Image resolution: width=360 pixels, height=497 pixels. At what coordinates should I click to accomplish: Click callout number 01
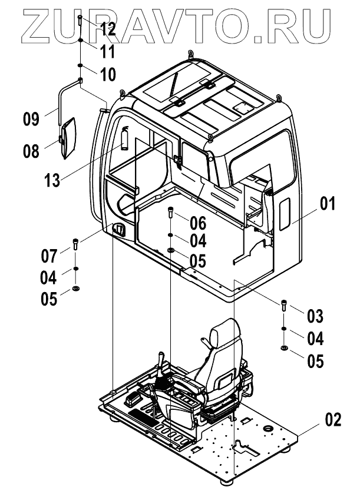coord(328,205)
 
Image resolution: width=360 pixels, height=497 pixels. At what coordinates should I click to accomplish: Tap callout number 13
coord(52,180)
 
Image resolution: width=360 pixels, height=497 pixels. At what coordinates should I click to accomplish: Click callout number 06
coord(199,222)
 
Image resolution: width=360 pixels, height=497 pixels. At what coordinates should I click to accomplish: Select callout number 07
coord(49,256)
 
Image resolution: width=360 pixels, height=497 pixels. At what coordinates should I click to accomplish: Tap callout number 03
coord(316,316)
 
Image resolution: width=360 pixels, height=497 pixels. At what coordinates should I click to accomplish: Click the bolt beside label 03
coord(285,306)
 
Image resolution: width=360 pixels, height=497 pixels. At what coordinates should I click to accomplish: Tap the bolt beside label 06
coord(170,212)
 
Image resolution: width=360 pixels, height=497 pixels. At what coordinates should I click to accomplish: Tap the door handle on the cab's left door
coord(120,230)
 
